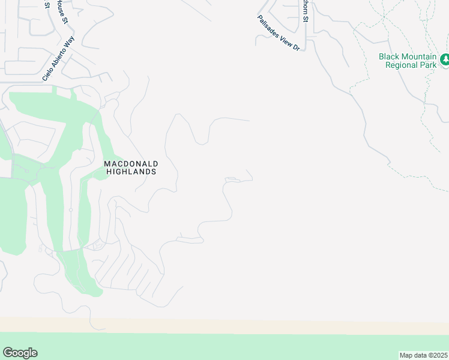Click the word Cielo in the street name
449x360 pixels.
point(48,75)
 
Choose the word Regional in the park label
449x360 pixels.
point(401,65)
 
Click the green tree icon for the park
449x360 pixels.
point(444,59)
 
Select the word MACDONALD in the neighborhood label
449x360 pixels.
point(130,163)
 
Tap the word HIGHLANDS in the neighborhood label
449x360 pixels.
point(131,172)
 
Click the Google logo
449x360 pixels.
point(20,353)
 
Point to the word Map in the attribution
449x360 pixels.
point(406,355)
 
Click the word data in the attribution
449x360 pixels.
point(420,355)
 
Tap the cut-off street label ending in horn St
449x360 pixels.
point(306,11)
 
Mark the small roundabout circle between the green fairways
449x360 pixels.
point(70,210)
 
